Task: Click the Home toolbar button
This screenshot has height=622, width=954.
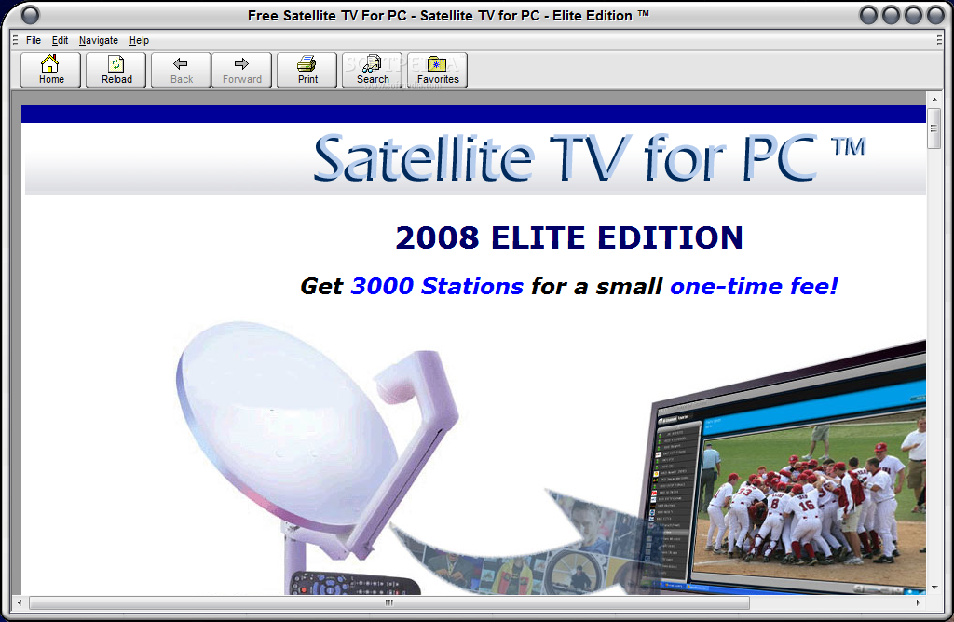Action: tap(51, 70)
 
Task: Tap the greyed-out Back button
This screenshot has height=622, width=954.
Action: tap(182, 70)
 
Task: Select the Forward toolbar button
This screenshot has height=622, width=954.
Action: tap(242, 70)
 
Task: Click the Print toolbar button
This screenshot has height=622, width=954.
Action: tap(307, 70)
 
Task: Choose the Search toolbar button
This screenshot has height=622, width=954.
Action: tap(373, 70)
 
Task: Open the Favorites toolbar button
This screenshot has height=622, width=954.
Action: tap(438, 70)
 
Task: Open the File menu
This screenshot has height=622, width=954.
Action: tap(34, 40)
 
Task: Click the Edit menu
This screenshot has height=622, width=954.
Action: tap(61, 40)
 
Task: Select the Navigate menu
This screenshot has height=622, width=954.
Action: tap(99, 40)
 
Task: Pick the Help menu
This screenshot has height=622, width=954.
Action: tap(139, 40)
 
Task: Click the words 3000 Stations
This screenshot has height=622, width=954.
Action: tap(437, 286)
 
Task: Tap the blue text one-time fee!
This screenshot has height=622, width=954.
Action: tap(754, 286)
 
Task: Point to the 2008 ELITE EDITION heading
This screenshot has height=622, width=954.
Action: tap(569, 237)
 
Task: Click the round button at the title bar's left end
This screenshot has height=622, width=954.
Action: tap(30, 15)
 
